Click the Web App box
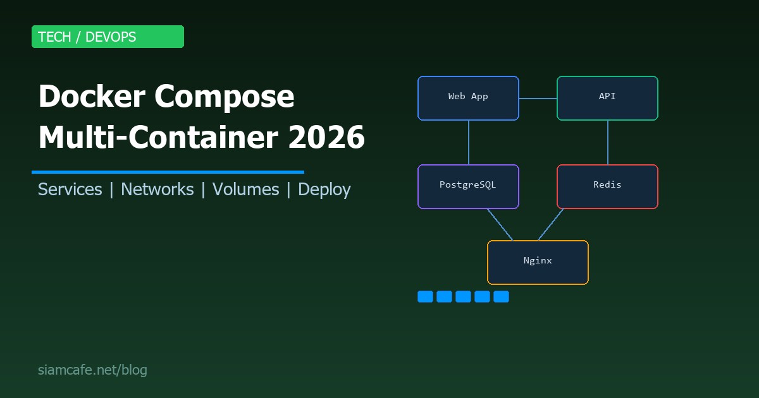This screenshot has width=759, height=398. pos(468,98)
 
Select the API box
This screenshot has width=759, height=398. pos(607,98)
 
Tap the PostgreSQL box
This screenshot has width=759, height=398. pos(468,186)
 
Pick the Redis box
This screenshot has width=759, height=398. pos(607,186)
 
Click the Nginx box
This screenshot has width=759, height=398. pos(538,262)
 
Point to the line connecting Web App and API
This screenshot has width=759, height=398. pos(538,99)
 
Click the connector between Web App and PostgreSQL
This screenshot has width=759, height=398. pos(469,142)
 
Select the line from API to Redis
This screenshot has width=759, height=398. pos(608,142)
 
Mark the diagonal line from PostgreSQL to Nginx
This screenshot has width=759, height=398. pos(500,224)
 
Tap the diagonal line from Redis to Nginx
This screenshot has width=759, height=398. pos(550,224)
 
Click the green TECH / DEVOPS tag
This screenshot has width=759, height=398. pos(108,37)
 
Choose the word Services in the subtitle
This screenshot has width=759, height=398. pos(70,190)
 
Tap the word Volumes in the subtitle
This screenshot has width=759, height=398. pos(245,190)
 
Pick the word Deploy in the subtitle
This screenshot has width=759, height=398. pos(324,190)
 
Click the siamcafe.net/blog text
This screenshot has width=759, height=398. pos(92,370)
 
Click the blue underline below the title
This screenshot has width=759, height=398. pos(168,172)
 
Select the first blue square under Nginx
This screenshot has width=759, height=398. pos(425,296)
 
